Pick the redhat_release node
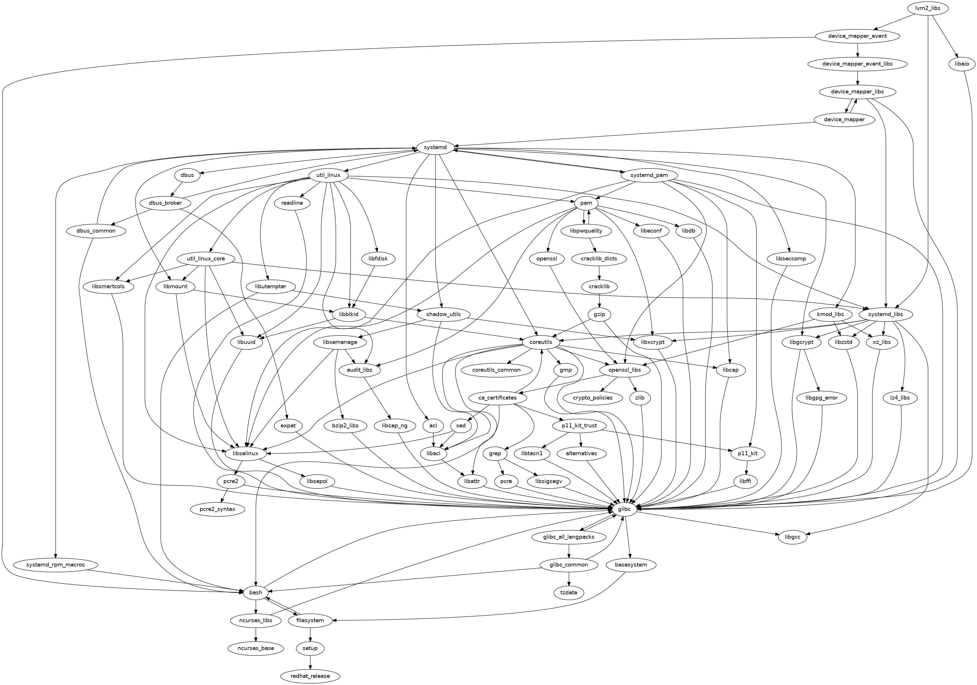[310, 676]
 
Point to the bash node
[255, 593]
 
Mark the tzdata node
[569, 593]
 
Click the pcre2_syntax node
[217, 509]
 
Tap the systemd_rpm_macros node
[55, 565]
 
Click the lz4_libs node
[900, 398]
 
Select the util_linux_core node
[206, 259]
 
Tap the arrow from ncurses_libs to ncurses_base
[256, 634]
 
